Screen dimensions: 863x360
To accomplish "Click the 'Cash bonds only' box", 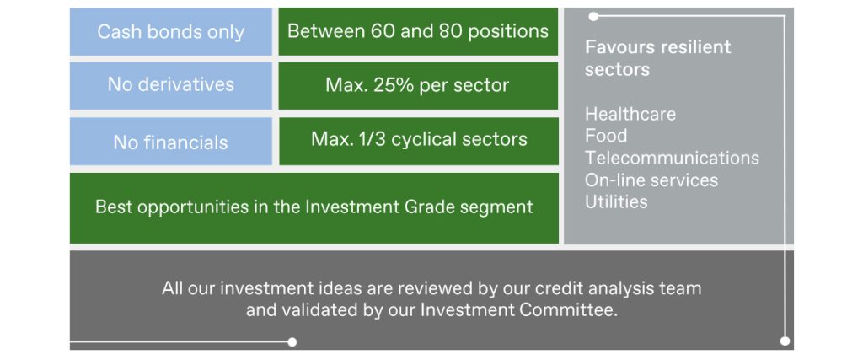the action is (x=170, y=31).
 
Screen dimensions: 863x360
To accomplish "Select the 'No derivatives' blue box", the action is (x=170, y=85).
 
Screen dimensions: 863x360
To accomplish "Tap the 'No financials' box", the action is (x=170, y=142).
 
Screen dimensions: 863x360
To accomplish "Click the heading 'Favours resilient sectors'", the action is (x=657, y=58).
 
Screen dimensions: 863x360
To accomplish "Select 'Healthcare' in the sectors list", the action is (x=630, y=114).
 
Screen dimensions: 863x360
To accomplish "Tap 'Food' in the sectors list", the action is (x=606, y=136).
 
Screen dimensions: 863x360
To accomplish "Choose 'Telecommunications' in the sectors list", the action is (x=672, y=158).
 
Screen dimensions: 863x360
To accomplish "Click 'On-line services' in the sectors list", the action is (x=651, y=180).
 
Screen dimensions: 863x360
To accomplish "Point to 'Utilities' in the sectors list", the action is (x=616, y=202).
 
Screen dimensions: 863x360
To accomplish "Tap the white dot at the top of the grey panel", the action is (x=593, y=17).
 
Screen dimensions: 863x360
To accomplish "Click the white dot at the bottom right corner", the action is (x=785, y=341).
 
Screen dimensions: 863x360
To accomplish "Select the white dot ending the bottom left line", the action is (x=292, y=341).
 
